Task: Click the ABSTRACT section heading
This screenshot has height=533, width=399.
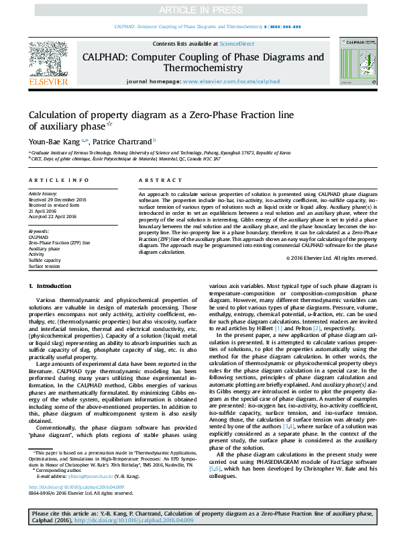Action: point(160,181)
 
